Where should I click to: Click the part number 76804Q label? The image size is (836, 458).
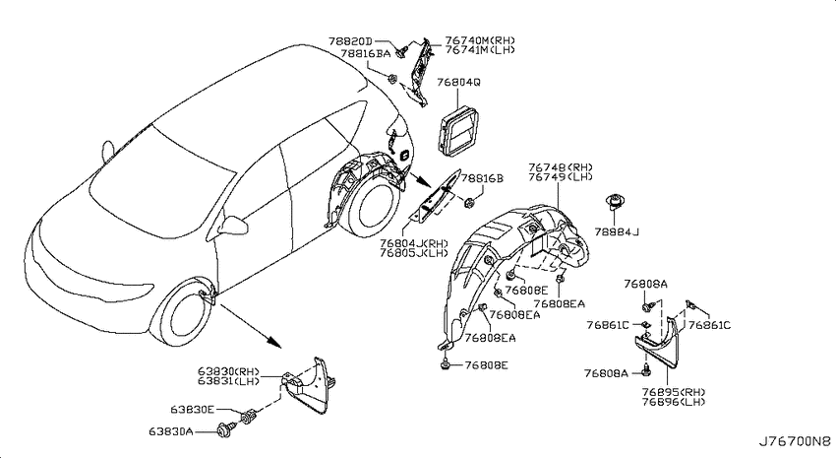point(458,82)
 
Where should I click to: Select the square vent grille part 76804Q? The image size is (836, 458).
point(458,131)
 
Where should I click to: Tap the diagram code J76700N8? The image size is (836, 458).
point(795,441)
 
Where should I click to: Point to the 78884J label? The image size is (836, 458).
point(617,231)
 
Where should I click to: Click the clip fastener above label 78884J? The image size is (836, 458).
point(614,202)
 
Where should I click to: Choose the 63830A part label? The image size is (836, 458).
point(171,430)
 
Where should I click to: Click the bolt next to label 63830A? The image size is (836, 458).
point(224,429)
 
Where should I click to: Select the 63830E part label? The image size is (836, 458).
point(193,410)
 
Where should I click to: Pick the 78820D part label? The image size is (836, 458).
point(350,41)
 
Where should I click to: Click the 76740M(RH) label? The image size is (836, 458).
point(480,40)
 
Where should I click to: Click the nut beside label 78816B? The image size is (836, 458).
point(469,202)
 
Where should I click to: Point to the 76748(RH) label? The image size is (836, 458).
point(561,167)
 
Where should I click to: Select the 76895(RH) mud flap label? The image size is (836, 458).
point(674,391)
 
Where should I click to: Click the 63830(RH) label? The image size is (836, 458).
point(228,371)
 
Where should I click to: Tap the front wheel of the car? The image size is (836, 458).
point(183,315)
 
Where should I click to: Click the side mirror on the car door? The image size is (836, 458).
point(235,226)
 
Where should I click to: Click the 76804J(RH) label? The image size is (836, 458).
point(414,243)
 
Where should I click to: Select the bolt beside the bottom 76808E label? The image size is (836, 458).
point(446,365)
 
